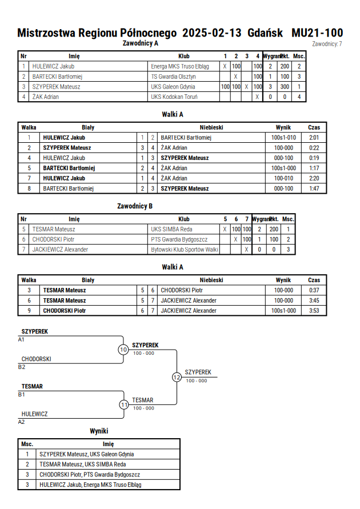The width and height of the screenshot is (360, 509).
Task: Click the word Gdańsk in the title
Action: tap(265, 33)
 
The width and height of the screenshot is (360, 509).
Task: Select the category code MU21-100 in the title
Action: tap(317, 33)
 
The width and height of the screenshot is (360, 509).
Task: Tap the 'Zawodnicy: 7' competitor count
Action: tap(327, 44)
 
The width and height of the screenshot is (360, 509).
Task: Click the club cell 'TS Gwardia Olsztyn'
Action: tap(173, 77)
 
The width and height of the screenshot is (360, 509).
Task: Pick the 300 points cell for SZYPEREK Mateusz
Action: tap(285, 87)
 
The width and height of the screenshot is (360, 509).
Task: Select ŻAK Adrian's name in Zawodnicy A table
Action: tap(46, 97)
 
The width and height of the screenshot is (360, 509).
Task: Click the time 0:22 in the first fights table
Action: tap(314, 148)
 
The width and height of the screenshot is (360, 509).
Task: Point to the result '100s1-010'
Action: tap(283, 138)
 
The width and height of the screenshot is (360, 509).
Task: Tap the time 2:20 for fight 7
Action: tap(314, 178)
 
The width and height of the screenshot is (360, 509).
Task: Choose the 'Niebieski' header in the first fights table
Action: tap(211, 127)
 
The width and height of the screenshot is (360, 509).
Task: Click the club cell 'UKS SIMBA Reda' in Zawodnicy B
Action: tap(171, 229)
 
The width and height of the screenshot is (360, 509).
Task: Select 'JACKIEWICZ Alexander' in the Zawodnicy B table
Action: tap(60, 249)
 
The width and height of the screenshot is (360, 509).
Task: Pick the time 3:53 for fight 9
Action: tap(314, 311)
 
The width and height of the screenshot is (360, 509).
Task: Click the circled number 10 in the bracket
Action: tap(123, 350)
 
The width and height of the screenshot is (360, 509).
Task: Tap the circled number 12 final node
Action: tap(177, 377)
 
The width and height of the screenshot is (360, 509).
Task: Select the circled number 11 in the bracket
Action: tap(125, 405)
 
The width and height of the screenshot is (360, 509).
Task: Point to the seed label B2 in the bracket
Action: tap(21, 367)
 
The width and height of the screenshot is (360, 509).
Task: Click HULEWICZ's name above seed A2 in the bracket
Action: tap(34, 414)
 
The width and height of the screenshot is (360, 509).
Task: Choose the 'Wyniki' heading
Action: tap(99, 431)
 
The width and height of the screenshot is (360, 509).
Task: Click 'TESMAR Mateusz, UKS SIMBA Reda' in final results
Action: tap(83, 464)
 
